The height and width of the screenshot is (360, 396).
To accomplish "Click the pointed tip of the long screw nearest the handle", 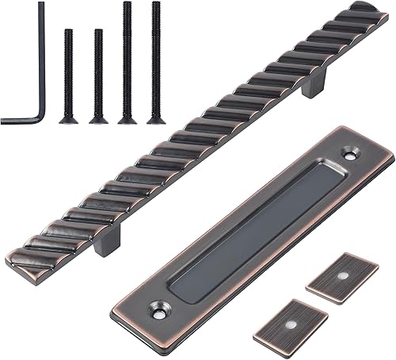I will point(155,4).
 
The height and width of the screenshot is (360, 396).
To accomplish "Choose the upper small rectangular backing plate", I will point(342,277).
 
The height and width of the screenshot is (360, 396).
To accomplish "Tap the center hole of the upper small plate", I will point(342,277).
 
